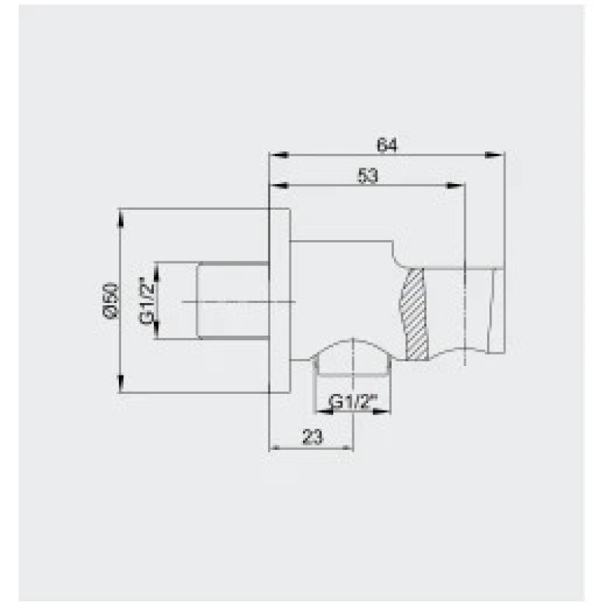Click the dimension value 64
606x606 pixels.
pyautogui.click(x=387, y=145)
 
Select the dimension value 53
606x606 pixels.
pyautogui.click(x=367, y=176)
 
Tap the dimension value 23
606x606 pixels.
pyautogui.click(x=312, y=438)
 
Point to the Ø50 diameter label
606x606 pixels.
pyautogui.click(x=111, y=300)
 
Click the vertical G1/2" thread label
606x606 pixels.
pyautogui.click(x=147, y=300)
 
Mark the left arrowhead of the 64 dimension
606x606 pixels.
pyautogui.click(x=279, y=155)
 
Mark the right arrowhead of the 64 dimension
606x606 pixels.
pyautogui.click(x=495, y=155)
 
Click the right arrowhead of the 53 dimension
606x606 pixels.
pyautogui.click(x=455, y=186)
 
